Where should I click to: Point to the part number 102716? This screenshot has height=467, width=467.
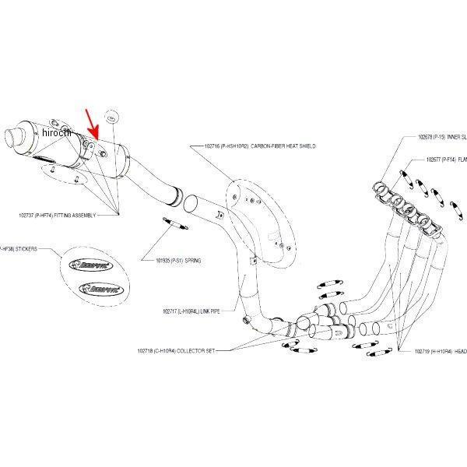click(213, 146)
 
